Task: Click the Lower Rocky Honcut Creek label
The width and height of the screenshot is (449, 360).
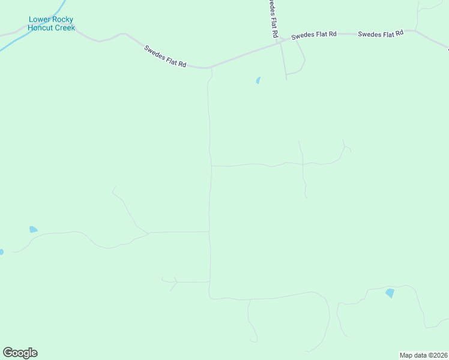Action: pyautogui.click(x=52, y=23)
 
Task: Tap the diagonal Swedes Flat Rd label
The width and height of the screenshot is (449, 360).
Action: pyautogui.click(x=165, y=56)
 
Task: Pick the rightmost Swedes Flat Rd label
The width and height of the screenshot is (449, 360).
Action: pyautogui.click(x=381, y=34)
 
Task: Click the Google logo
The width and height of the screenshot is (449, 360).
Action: pyautogui.click(x=20, y=353)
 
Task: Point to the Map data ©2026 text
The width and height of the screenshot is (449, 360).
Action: pyautogui.click(x=423, y=355)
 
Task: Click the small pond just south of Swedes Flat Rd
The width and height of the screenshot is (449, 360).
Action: pyautogui.click(x=258, y=80)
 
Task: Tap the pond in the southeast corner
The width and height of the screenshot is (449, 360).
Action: pyautogui.click(x=390, y=293)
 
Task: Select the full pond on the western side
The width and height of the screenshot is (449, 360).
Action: pyautogui.click(x=33, y=229)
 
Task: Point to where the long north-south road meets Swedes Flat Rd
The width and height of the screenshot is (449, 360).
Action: pyautogui.click(x=209, y=67)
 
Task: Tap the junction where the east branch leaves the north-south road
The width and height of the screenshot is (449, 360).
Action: pyautogui.click(x=211, y=166)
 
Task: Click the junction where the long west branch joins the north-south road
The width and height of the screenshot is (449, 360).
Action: pyautogui.click(x=209, y=232)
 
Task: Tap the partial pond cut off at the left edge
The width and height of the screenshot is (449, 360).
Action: pyautogui.click(x=1, y=252)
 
